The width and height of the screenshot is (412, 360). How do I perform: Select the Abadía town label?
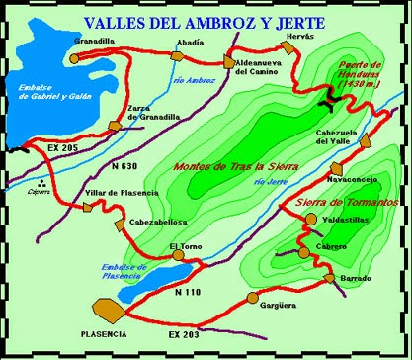[x=192, y=43]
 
